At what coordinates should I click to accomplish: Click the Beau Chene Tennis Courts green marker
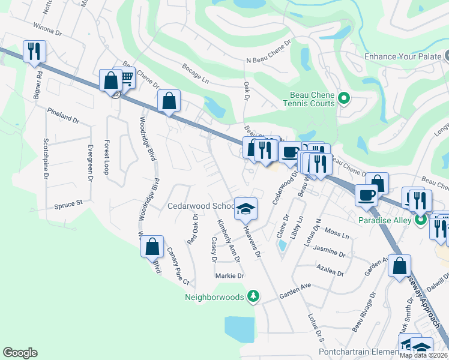[344, 98]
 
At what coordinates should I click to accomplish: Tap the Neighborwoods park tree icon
[254, 296]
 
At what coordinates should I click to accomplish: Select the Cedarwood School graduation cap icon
[245, 208]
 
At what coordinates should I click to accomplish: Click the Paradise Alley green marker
[420, 220]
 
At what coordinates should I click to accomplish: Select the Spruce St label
[68, 205]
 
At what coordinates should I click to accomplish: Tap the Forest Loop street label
[106, 157]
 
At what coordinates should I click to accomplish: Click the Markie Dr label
[230, 276]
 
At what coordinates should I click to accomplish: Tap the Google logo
[20, 353]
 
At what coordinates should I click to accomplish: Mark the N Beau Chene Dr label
[268, 51]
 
